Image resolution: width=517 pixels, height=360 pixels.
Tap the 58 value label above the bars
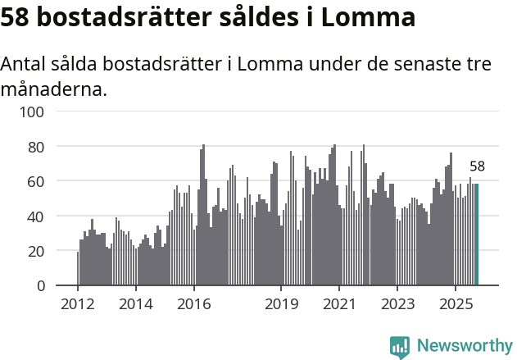tap(477, 166)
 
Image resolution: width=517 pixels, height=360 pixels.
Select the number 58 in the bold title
tap(16, 16)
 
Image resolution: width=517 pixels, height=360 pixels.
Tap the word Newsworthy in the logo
tap(465, 346)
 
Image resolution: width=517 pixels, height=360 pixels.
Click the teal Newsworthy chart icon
tap(400, 347)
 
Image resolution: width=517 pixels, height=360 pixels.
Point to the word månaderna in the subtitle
tap(53, 89)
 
